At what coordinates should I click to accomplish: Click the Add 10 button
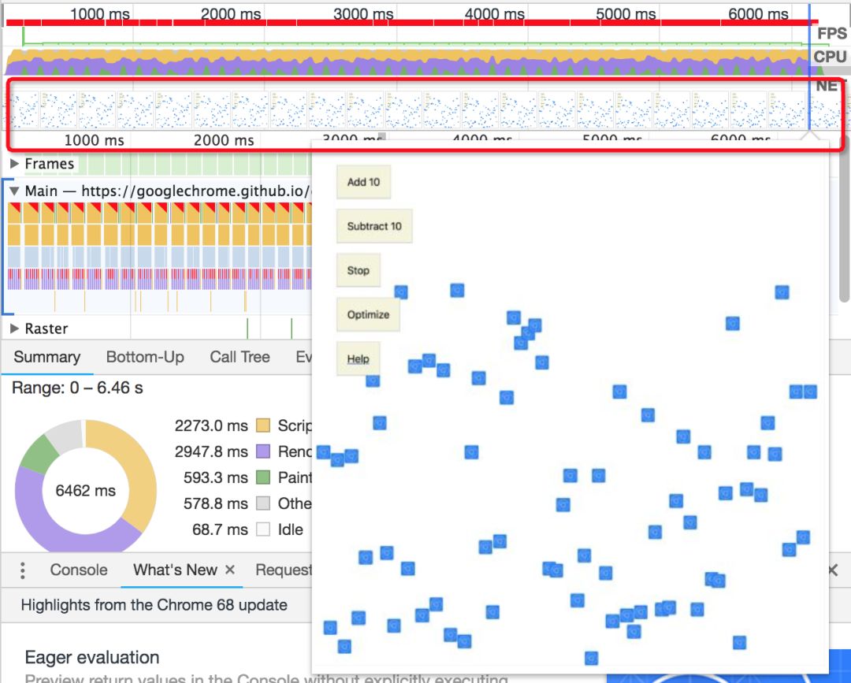point(363,182)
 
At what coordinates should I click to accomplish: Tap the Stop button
point(358,270)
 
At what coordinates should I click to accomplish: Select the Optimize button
point(368,314)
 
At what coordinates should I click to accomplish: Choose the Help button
point(358,358)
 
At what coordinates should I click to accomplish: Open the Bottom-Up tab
point(145,357)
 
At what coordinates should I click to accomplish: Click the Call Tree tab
point(240,357)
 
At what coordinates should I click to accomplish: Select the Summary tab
point(47,357)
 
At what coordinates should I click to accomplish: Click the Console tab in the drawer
point(79,570)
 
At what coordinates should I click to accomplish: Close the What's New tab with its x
point(230,570)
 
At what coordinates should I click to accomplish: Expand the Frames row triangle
point(14,164)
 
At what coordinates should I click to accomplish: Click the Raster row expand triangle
point(14,329)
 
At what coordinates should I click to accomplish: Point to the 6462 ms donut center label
point(85,491)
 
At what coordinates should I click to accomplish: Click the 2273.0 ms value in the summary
point(211,425)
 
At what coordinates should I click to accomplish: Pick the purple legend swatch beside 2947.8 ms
point(263,451)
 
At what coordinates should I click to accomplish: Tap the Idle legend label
point(290,529)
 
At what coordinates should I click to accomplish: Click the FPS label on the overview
point(831,34)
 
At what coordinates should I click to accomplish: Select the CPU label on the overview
point(830,57)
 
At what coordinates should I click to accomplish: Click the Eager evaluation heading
point(92,658)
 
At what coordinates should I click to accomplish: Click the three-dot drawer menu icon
point(23,570)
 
